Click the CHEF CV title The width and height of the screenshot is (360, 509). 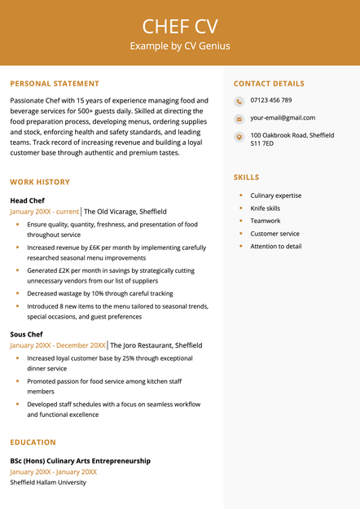click(x=180, y=25)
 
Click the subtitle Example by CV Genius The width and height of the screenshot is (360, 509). click(x=180, y=46)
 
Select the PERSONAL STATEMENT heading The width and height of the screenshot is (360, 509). click(x=55, y=84)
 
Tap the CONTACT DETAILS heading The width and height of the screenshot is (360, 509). click(x=269, y=84)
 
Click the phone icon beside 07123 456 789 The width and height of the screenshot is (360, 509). click(x=239, y=101)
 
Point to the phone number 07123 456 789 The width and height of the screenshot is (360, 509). click(x=271, y=100)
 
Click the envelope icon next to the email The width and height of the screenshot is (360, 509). click(x=239, y=119)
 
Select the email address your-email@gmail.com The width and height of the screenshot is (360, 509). click(x=282, y=118)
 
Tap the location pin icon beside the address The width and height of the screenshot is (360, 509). click(x=239, y=137)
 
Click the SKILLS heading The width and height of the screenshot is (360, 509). click(x=246, y=177)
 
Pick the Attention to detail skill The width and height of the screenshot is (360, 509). click(x=275, y=246)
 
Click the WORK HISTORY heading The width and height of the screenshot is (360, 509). click(x=40, y=182)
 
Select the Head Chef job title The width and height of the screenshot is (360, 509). click(x=27, y=200)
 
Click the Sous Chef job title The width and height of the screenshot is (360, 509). click(x=27, y=334)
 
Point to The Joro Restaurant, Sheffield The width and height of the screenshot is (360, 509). click(x=156, y=345)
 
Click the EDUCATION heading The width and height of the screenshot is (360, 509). click(x=33, y=442)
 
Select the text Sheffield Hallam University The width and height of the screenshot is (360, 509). click(x=48, y=482)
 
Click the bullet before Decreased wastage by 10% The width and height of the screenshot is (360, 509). click(x=17, y=292)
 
